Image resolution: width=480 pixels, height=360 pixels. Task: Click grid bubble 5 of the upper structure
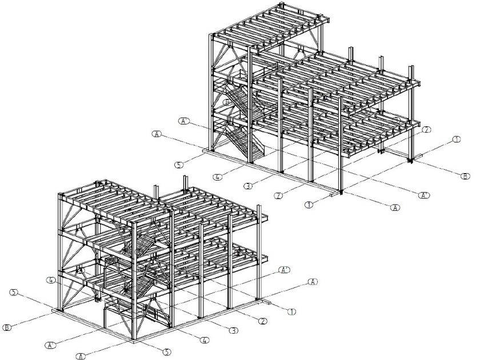click(x=179, y=165)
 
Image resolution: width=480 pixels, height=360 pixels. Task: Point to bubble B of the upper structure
click(x=466, y=177)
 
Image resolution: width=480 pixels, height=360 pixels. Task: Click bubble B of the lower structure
click(x=7, y=327)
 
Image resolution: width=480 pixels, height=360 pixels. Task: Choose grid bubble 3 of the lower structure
click(x=233, y=330)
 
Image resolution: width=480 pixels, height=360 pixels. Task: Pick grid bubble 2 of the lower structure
click(x=262, y=322)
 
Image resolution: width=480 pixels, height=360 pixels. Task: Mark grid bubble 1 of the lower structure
click(x=292, y=311)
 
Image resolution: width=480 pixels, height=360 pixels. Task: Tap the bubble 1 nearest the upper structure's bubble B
click(x=456, y=139)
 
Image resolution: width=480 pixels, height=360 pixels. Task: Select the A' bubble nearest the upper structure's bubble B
click(x=425, y=195)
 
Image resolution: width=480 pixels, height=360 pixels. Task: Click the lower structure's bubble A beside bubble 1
click(x=313, y=282)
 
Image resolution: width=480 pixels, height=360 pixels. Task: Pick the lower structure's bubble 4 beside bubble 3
click(x=203, y=341)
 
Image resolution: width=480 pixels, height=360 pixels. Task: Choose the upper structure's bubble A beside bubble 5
click(x=157, y=134)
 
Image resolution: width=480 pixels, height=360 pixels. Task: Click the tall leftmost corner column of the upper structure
click(x=213, y=91)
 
